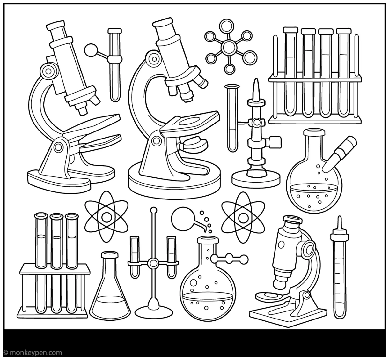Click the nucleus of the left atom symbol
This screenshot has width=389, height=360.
tap(106, 217)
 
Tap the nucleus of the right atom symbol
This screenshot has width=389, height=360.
tap(243, 217)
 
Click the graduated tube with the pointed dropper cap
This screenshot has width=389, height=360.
tap(340, 271)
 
